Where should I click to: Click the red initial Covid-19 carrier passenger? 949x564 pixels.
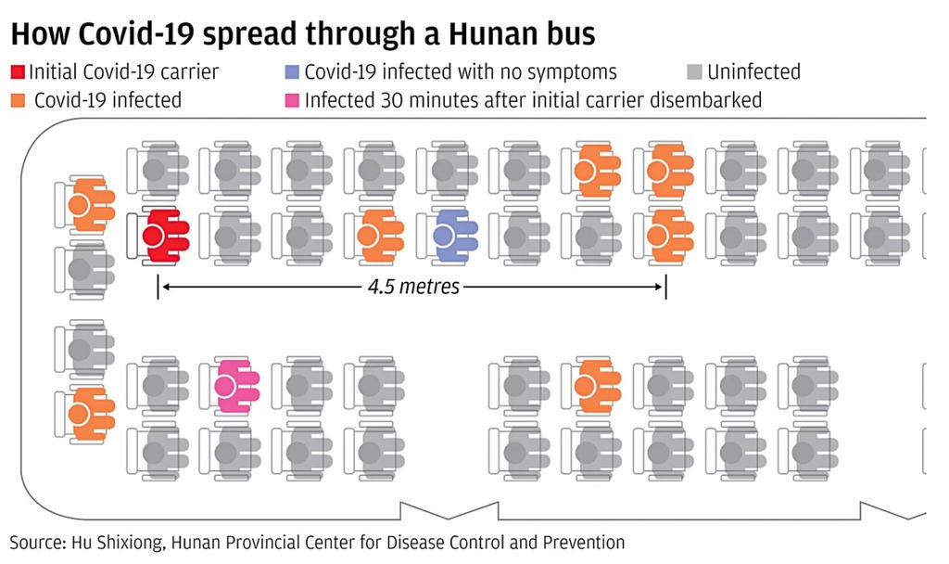point(165,236)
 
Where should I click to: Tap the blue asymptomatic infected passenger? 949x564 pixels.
point(454,236)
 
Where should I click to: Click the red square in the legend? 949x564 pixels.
point(18,71)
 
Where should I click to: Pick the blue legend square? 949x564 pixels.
point(293,71)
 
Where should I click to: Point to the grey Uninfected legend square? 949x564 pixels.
point(695,71)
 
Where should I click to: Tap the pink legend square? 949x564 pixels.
point(293,99)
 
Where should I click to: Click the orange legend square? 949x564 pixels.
point(18,99)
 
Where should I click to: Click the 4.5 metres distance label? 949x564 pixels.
point(412,287)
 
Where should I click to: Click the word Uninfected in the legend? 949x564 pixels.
point(753,71)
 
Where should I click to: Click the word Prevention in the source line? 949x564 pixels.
point(581,542)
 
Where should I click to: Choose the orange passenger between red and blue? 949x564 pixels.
point(380,236)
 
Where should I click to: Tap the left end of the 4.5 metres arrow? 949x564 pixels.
point(159,288)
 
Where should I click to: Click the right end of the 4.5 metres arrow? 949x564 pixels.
point(664,288)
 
